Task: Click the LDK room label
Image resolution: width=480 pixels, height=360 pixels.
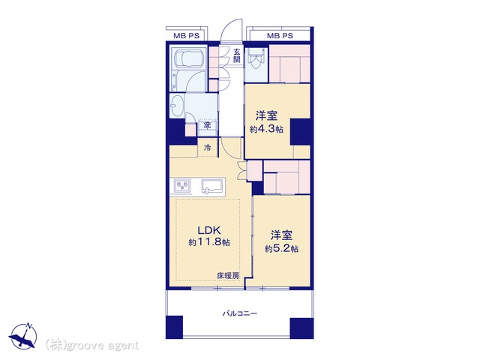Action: tap(209, 230)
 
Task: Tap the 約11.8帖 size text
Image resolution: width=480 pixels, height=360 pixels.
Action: tap(209, 242)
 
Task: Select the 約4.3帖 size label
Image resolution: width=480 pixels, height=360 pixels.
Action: tap(266, 129)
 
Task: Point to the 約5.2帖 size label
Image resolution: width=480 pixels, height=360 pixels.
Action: tap(282, 248)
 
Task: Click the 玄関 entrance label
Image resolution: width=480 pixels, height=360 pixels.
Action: tap(237, 55)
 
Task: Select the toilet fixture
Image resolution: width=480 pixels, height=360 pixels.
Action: tap(255, 61)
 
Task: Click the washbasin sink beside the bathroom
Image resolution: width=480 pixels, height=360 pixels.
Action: tap(177, 106)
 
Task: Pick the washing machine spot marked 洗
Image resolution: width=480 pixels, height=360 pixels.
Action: tap(208, 125)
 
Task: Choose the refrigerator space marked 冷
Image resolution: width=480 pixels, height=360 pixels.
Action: tap(208, 148)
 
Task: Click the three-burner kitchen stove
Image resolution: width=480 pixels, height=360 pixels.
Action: tap(182, 186)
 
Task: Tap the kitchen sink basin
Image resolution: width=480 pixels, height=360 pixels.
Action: tap(211, 186)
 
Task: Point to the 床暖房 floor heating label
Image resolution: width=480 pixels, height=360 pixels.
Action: tap(228, 275)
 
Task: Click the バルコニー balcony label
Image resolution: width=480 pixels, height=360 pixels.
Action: tap(240, 313)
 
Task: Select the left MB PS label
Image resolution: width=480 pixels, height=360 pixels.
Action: tap(186, 36)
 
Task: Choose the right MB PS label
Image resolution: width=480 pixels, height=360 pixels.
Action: tap(280, 36)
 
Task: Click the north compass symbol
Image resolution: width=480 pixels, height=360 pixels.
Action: tap(23, 335)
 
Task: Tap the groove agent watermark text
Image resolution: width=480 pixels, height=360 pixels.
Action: tap(92, 346)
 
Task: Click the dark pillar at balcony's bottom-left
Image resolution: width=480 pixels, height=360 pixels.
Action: tap(174, 327)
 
